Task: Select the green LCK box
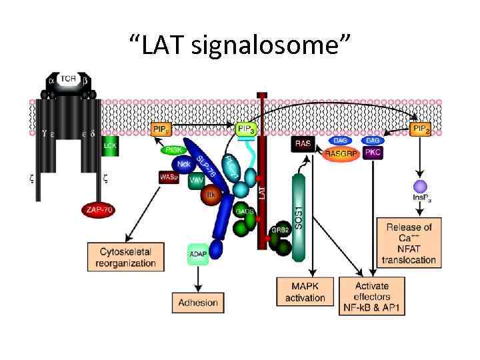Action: pos(111,147)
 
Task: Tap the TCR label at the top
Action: pos(68,79)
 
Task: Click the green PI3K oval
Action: pos(173,151)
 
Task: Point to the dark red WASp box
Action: pos(169,177)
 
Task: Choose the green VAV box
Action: pos(195,179)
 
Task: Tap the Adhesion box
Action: pos(198,302)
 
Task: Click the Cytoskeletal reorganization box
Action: pos(127,257)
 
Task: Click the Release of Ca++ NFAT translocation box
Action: pos(409,243)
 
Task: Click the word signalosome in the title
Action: pos(266,45)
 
